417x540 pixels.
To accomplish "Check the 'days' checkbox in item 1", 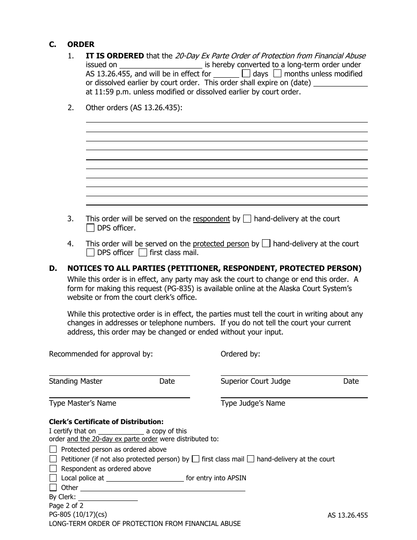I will [247, 74].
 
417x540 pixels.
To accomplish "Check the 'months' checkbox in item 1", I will [277, 74].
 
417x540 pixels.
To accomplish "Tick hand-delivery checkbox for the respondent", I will [247, 219].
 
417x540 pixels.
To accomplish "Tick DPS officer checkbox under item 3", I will [90, 228].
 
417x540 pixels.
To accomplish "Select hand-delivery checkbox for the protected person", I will [266, 244].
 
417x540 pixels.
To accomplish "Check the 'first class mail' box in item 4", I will [142, 252].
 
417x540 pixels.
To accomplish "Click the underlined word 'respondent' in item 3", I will [211, 219].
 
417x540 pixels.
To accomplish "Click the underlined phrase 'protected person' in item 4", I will [221, 244].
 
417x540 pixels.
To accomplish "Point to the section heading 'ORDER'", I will [81, 44].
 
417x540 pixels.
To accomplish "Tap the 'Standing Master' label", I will [75, 381].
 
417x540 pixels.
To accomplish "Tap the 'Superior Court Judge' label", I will [255, 381].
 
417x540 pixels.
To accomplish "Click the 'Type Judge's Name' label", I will [253, 403].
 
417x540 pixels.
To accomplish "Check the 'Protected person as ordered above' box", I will [53, 449].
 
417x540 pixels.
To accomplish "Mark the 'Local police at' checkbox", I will [53, 478].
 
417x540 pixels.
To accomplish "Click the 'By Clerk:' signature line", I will [108, 497].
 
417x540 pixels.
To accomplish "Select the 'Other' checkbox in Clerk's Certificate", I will [53, 487].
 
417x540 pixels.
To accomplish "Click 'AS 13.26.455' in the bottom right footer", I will [348, 515].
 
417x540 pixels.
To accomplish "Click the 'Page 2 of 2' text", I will [66, 506].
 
